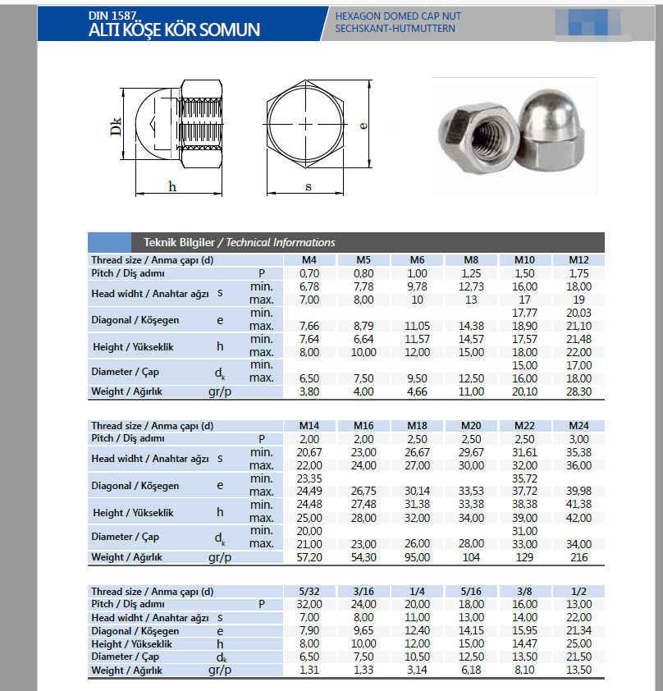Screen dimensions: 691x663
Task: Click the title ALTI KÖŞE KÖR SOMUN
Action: pyautogui.click(x=174, y=30)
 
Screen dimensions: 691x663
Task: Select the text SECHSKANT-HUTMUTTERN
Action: pyautogui.click(x=395, y=29)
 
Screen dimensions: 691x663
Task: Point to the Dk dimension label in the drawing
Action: pyautogui.click(x=117, y=126)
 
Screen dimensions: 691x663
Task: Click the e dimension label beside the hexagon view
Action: pyautogui.click(x=363, y=126)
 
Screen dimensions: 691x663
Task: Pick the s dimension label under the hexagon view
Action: pyautogui.click(x=308, y=186)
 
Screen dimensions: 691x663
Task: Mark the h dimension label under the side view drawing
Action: pyautogui.click(x=172, y=186)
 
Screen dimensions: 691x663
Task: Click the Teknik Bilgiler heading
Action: pyautogui.click(x=179, y=242)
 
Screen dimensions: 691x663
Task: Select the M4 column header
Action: pyautogui.click(x=309, y=260)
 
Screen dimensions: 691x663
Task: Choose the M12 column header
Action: pyautogui.click(x=578, y=260)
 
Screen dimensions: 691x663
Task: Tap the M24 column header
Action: pyautogui.click(x=578, y=426)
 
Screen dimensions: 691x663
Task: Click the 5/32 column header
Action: pyautogui.click(x=309, y=592)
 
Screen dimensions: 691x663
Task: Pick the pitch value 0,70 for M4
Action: pyautogui.click(x=309, y=272)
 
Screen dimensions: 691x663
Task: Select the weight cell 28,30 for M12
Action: pyautogui.click(x=578, y=391)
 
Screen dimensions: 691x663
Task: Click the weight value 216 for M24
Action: pyautogui.click(x=578, y=557)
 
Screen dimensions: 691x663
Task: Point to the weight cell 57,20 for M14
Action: pyautogui.click(x=309, y=557)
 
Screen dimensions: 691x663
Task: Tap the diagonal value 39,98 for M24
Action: pyautogui.click(x=578, y=492)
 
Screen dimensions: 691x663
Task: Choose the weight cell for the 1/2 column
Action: pyautogui.click(x=578, y=670)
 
